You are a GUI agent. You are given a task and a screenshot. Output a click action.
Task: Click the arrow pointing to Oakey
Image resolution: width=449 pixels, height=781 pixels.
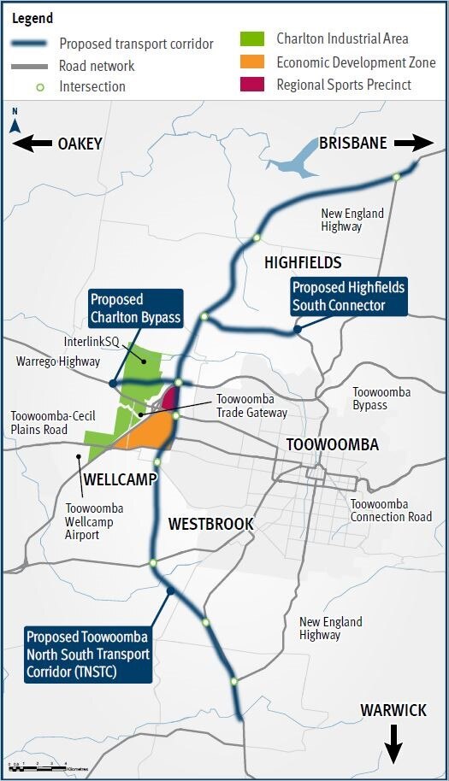tap(32, 144)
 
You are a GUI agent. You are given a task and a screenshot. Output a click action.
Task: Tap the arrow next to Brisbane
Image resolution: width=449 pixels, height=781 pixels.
tap(414, 143)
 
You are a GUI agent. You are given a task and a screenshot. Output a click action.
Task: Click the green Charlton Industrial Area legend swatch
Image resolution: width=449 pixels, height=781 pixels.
tap(257, 38)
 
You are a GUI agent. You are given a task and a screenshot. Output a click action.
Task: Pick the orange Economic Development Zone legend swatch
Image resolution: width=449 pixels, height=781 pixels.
tap(257, 62)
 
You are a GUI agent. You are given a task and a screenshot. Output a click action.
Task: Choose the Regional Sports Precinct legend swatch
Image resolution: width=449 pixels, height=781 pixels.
tap(257, 85)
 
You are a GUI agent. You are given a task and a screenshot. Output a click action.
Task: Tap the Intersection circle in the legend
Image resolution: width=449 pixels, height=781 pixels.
tap(36, 86)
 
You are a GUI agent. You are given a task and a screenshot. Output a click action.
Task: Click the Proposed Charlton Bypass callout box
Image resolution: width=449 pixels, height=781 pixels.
tap(136, 308)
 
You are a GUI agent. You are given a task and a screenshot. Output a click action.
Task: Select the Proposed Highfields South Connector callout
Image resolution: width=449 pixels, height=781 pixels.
tap(348, 297)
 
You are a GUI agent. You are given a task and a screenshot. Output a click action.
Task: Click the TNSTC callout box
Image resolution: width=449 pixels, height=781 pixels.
tap(87, 655)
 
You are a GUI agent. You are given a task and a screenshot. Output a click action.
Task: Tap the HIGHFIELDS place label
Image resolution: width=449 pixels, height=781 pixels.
tap(303, 262)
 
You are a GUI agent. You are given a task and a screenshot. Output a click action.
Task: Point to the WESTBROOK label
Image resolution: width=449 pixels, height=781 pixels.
tap(210, 523)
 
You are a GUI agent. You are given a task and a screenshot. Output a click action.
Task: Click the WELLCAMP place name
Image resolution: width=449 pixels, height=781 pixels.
tap(121, 479)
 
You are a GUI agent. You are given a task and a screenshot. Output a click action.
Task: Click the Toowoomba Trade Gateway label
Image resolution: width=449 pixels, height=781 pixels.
tap(251, 406)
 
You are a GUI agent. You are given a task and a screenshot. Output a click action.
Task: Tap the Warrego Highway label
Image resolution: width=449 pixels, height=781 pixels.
tap(58, 362)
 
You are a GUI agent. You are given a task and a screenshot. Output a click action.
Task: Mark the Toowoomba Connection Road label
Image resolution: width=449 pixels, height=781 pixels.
tap(391, 510)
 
